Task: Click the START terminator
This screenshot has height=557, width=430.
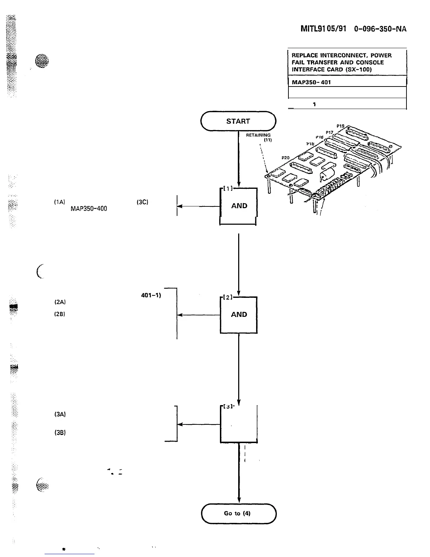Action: [238, 121]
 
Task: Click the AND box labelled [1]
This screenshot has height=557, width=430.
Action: [239, 206]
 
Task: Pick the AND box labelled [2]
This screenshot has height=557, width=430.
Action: [239, 315]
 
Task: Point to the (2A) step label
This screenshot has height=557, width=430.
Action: [60, 302]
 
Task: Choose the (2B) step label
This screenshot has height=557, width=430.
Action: [60, 314]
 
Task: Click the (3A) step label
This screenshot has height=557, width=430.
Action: [60, 414]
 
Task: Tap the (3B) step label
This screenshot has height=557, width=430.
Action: [60, 433]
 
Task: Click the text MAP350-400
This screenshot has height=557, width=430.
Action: [89, 209]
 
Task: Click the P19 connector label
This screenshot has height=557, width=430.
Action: [340, 126]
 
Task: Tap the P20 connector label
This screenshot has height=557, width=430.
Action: [286, 158]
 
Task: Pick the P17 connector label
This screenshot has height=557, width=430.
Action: [329, 132]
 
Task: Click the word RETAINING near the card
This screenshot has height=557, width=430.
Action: [258, 135]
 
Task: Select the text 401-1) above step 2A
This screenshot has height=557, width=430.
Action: [151, 295]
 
